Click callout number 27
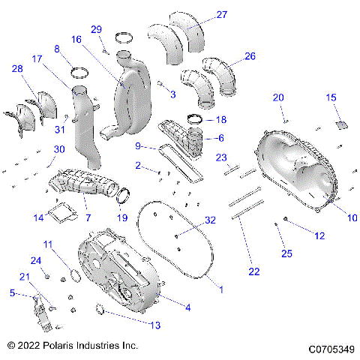[200, 15]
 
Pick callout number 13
[155, 325]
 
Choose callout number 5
[11, 293]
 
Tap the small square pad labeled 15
[340, 124]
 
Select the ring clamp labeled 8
[78, 72]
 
